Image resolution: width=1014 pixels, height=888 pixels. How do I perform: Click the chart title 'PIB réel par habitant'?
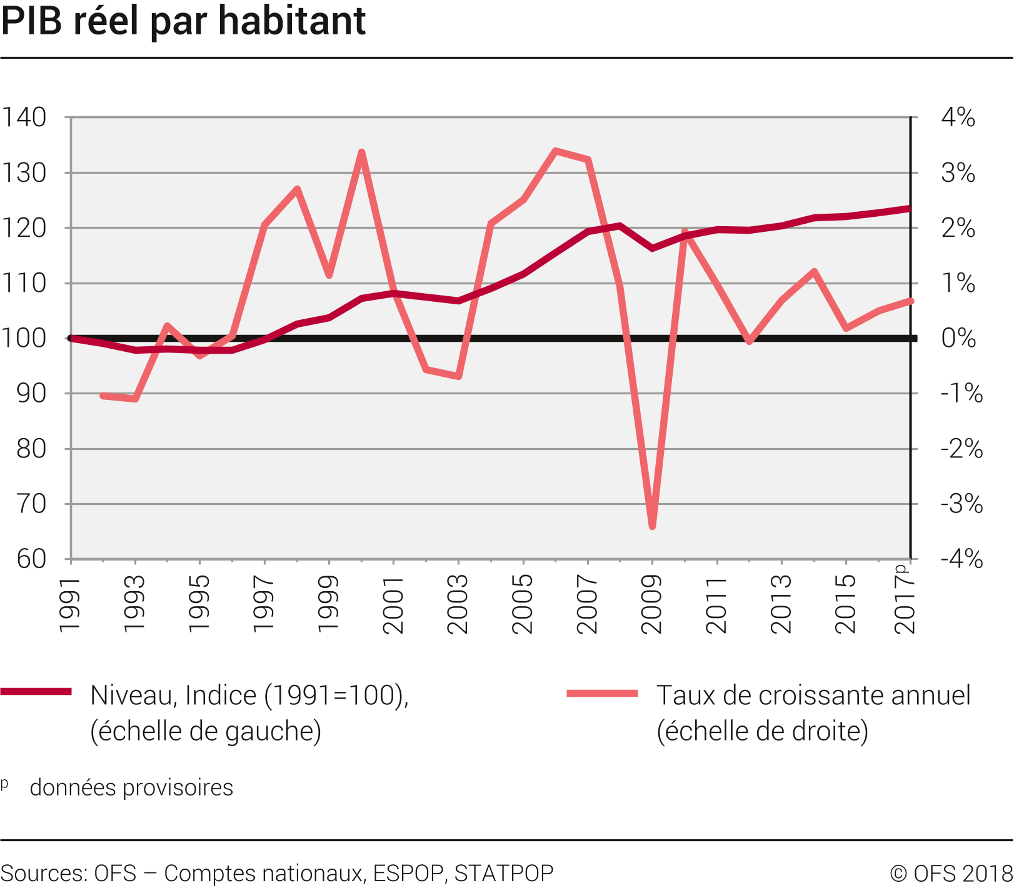click(x=183, y=21)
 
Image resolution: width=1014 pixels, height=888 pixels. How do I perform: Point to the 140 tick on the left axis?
click(x=24, y=117)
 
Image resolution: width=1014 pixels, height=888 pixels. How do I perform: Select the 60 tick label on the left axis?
click(x=31, y=559)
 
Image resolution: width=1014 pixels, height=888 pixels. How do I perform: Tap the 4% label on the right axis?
click(x=958, y=117)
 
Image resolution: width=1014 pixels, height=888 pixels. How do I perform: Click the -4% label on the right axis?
click(x=961, y=559)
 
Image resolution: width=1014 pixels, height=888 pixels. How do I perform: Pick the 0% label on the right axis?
click(x=958, y=338)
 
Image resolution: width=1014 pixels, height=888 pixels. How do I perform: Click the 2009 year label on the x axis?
click(x=652, y=604)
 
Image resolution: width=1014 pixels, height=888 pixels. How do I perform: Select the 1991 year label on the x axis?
click(x=70, y=604)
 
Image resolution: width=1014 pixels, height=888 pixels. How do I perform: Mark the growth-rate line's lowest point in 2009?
click(x=652, y=526)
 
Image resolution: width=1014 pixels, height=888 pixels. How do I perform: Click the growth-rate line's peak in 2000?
click(x=361, y=152)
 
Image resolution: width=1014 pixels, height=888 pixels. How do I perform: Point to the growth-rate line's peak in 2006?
click(x=556, y=151)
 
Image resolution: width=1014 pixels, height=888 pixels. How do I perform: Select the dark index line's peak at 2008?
click(x=620, y=226)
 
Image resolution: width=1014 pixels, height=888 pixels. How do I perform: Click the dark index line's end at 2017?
click(x=910, y=209)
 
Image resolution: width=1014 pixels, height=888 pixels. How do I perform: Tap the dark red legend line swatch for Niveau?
click(x=36, y=691)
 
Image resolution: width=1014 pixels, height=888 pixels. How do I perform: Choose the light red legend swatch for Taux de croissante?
click(x=602, y=693)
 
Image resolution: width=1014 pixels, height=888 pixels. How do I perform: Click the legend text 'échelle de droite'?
click(x=763, y=731)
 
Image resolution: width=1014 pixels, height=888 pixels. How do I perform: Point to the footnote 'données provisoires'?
click(x=131, y=787)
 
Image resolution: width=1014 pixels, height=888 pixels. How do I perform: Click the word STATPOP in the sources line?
click(x=504, y=873)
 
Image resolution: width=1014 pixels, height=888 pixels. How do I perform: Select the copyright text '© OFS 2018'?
click(x=951, y=873)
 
